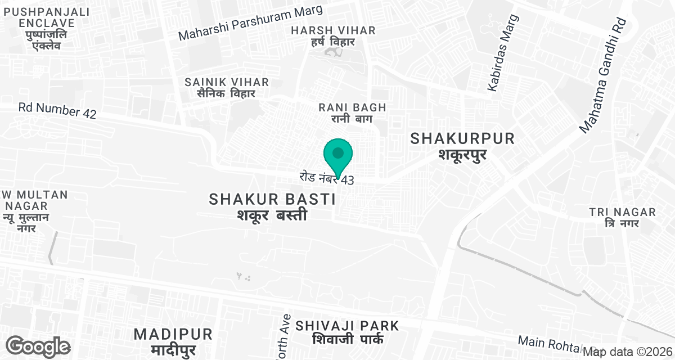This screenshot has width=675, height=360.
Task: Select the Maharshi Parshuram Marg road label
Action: coord(250,23)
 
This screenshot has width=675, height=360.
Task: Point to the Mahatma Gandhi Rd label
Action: coord(602,76)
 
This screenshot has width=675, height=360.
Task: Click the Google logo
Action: coord(38,346)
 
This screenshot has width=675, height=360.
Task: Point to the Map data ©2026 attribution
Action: coord(627,352)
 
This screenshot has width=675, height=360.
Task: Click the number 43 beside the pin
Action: coord(347,181)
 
